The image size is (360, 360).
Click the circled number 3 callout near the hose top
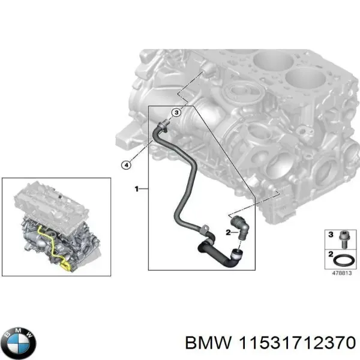tap(176, 112)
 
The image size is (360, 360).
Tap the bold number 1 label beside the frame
tap(137, 190)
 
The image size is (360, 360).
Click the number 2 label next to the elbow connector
tap(229, 232)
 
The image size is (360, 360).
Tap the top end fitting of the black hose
tap(163, 125)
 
